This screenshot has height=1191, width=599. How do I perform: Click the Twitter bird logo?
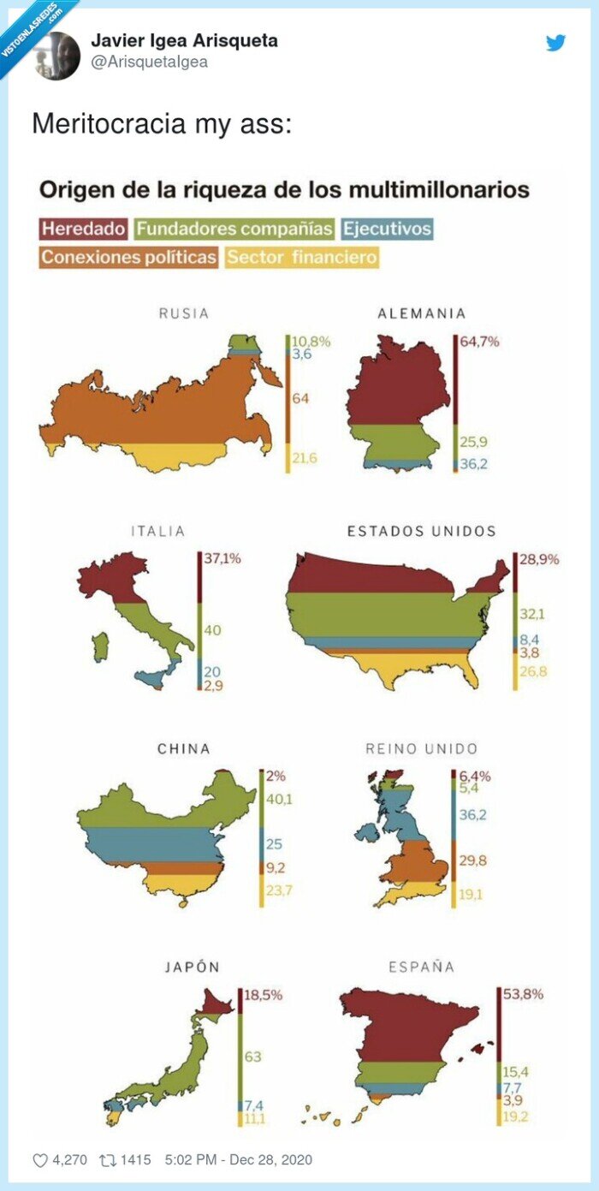tap(556, 42)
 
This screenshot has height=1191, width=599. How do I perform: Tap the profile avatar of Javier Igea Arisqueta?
tap(57, 56)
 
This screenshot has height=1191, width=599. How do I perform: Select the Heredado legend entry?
tap(83, 229)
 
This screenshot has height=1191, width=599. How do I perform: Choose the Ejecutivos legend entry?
tap(387, 229)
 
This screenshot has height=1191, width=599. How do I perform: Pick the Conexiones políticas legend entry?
tap(128, 257)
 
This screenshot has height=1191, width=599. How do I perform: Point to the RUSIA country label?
tap(183, 313)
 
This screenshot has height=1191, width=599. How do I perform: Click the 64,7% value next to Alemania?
tap(480, 341)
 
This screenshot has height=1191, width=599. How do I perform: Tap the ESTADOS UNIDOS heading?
tap(421, 531)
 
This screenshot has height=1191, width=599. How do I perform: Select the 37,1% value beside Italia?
tap(222, 558)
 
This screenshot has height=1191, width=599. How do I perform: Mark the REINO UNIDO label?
tap(421, 748)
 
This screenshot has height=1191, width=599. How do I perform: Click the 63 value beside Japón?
tap(253, 1057)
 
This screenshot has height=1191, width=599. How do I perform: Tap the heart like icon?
tap(40, 1160)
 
